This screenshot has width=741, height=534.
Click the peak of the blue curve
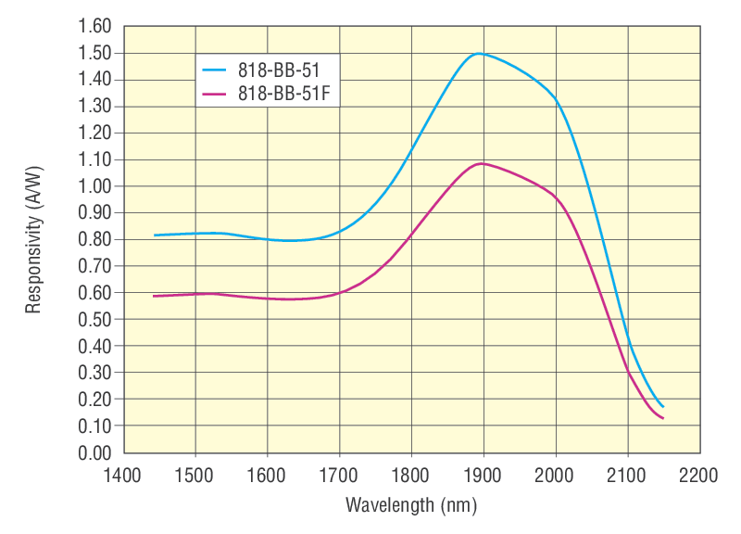479,53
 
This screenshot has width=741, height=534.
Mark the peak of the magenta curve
481,163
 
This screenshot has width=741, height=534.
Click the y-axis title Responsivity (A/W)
34,240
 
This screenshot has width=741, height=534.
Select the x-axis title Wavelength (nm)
411,505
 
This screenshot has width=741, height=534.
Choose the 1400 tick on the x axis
123,475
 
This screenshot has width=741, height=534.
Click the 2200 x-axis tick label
699,475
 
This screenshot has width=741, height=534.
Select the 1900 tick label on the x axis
484,475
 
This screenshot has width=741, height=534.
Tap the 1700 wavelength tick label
339,475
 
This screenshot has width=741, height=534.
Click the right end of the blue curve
663,406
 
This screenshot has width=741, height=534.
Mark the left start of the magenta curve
154,296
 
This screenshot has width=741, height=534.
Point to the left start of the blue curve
155,235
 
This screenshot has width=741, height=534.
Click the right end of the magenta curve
663,419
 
